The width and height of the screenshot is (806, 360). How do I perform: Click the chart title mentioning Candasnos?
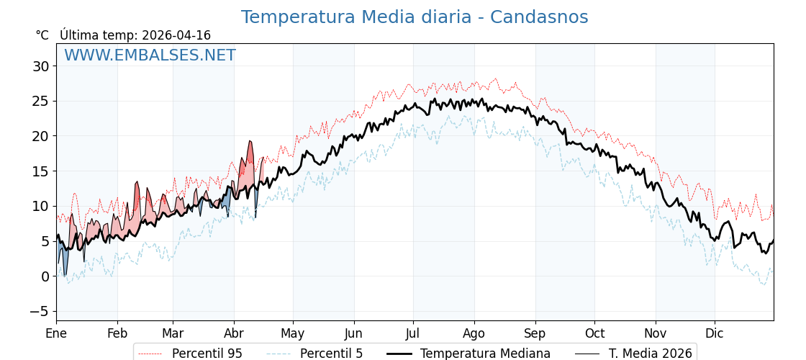[414, 17]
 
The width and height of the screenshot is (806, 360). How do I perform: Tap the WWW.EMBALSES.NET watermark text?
[150, 55]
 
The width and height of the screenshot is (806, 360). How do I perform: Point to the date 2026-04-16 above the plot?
[176, 35]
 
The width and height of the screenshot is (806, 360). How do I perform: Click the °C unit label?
[42, 35]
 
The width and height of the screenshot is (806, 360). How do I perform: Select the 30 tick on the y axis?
[40, 66]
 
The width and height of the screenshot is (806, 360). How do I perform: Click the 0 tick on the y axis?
[45, 276]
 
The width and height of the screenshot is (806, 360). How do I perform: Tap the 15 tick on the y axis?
[40, 171]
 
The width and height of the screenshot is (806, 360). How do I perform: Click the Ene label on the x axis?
[56, 333]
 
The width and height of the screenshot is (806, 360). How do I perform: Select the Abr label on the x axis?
[234, 333]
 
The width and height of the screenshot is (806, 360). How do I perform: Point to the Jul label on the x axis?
[413, 333]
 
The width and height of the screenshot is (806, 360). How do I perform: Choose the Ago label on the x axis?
[474, 333]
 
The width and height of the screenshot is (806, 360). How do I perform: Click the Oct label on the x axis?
[594, 333]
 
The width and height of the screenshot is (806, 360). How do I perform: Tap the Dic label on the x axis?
[715, 333]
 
